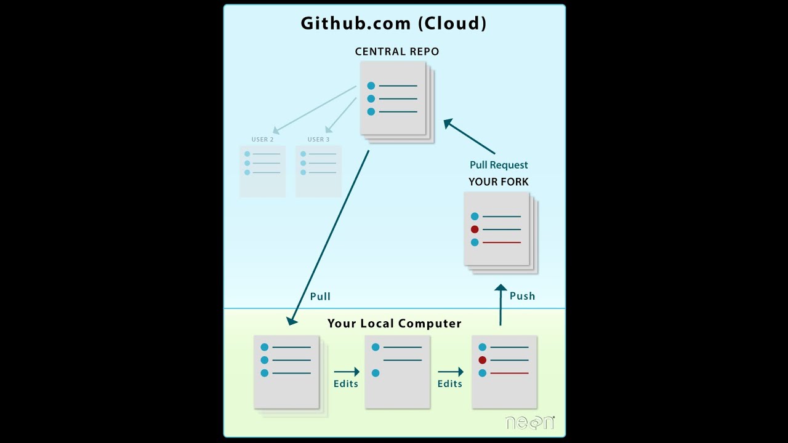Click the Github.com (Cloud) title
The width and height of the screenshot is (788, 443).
[393, 23]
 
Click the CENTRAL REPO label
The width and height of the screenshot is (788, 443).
[397, 52]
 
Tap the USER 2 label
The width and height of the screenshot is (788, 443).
[263, 140]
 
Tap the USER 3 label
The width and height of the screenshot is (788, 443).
[319, 140]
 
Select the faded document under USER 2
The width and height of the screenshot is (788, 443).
[263, 171]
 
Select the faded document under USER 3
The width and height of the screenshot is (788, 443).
[318, 171]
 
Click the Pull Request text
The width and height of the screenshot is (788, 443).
[499, 165]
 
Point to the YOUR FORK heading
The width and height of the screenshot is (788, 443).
[499, 182]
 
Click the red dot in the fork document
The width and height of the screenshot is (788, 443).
[475, 229]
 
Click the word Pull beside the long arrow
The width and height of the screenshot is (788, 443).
[320, 297]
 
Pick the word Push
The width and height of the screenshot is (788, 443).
[522, 296]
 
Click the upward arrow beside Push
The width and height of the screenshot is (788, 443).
[501, 305]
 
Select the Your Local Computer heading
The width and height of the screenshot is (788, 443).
[394, 324]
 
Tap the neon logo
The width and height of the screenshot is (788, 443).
[529, 423]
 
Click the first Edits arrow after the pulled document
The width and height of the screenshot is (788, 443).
[347, 372]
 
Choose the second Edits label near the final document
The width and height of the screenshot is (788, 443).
[449, 384]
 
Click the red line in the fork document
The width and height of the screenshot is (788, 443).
[502, 242]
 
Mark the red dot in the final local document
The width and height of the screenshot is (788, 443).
[483, 360]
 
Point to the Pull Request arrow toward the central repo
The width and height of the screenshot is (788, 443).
[469, 137]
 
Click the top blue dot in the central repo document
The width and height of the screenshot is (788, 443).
[371, 86]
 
